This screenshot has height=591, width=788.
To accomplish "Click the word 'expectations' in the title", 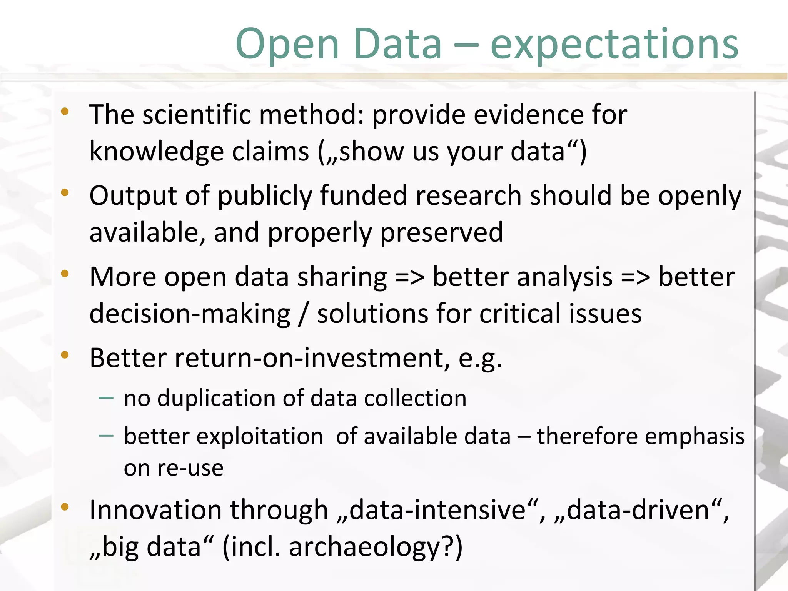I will (x=614, y=45).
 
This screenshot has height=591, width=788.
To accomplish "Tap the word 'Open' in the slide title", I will (x=287, y=45).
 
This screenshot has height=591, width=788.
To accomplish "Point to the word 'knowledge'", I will (x=157, y=152).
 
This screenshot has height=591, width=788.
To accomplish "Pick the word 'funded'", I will (x=363, y=196).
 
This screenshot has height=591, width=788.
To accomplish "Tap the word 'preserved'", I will (x=441, y=233).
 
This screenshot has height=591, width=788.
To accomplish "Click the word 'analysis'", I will (x=522, y=277).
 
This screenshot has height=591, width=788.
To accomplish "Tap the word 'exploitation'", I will (x=223, y=437).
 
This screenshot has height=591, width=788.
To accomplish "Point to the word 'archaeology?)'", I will (x=376, y=547).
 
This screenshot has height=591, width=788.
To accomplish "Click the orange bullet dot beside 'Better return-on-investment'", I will (x=65, y=355).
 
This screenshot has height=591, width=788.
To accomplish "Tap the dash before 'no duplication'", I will (x=106, y=398).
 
